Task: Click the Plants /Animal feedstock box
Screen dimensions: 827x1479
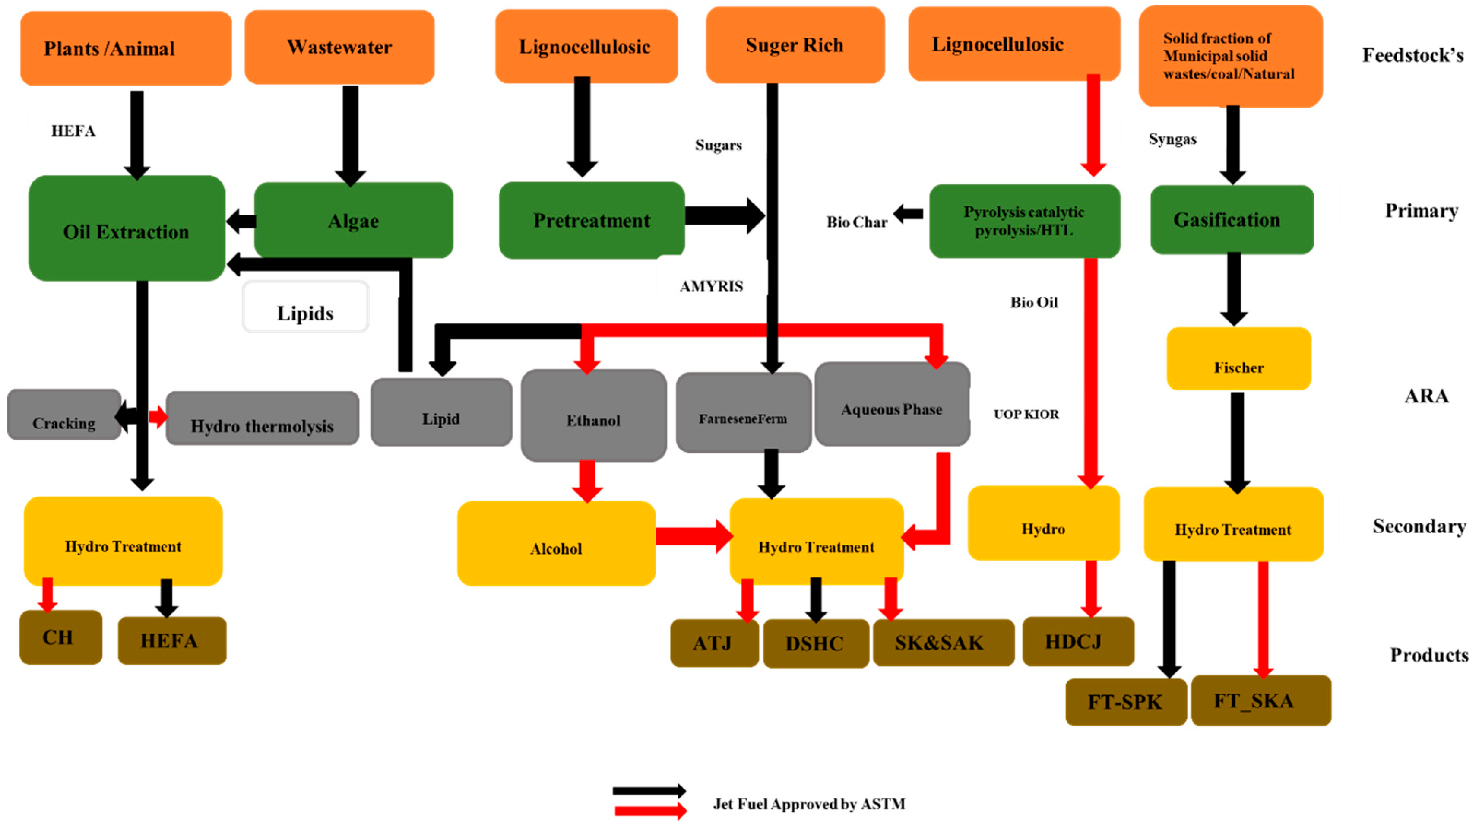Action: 126,48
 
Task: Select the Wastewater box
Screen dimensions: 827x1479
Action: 339,47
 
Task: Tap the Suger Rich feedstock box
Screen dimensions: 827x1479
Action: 795,45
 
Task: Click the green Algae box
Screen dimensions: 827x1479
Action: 353,221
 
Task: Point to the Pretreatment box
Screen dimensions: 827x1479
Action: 591,221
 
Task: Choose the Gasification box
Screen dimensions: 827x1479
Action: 1232,220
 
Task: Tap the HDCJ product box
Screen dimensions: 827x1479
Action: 1078,641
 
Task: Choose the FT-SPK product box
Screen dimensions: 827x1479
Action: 1125,702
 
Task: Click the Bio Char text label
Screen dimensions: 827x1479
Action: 856,222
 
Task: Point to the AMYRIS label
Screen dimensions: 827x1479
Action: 711,286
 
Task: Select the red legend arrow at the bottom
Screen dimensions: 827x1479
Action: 649,810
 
